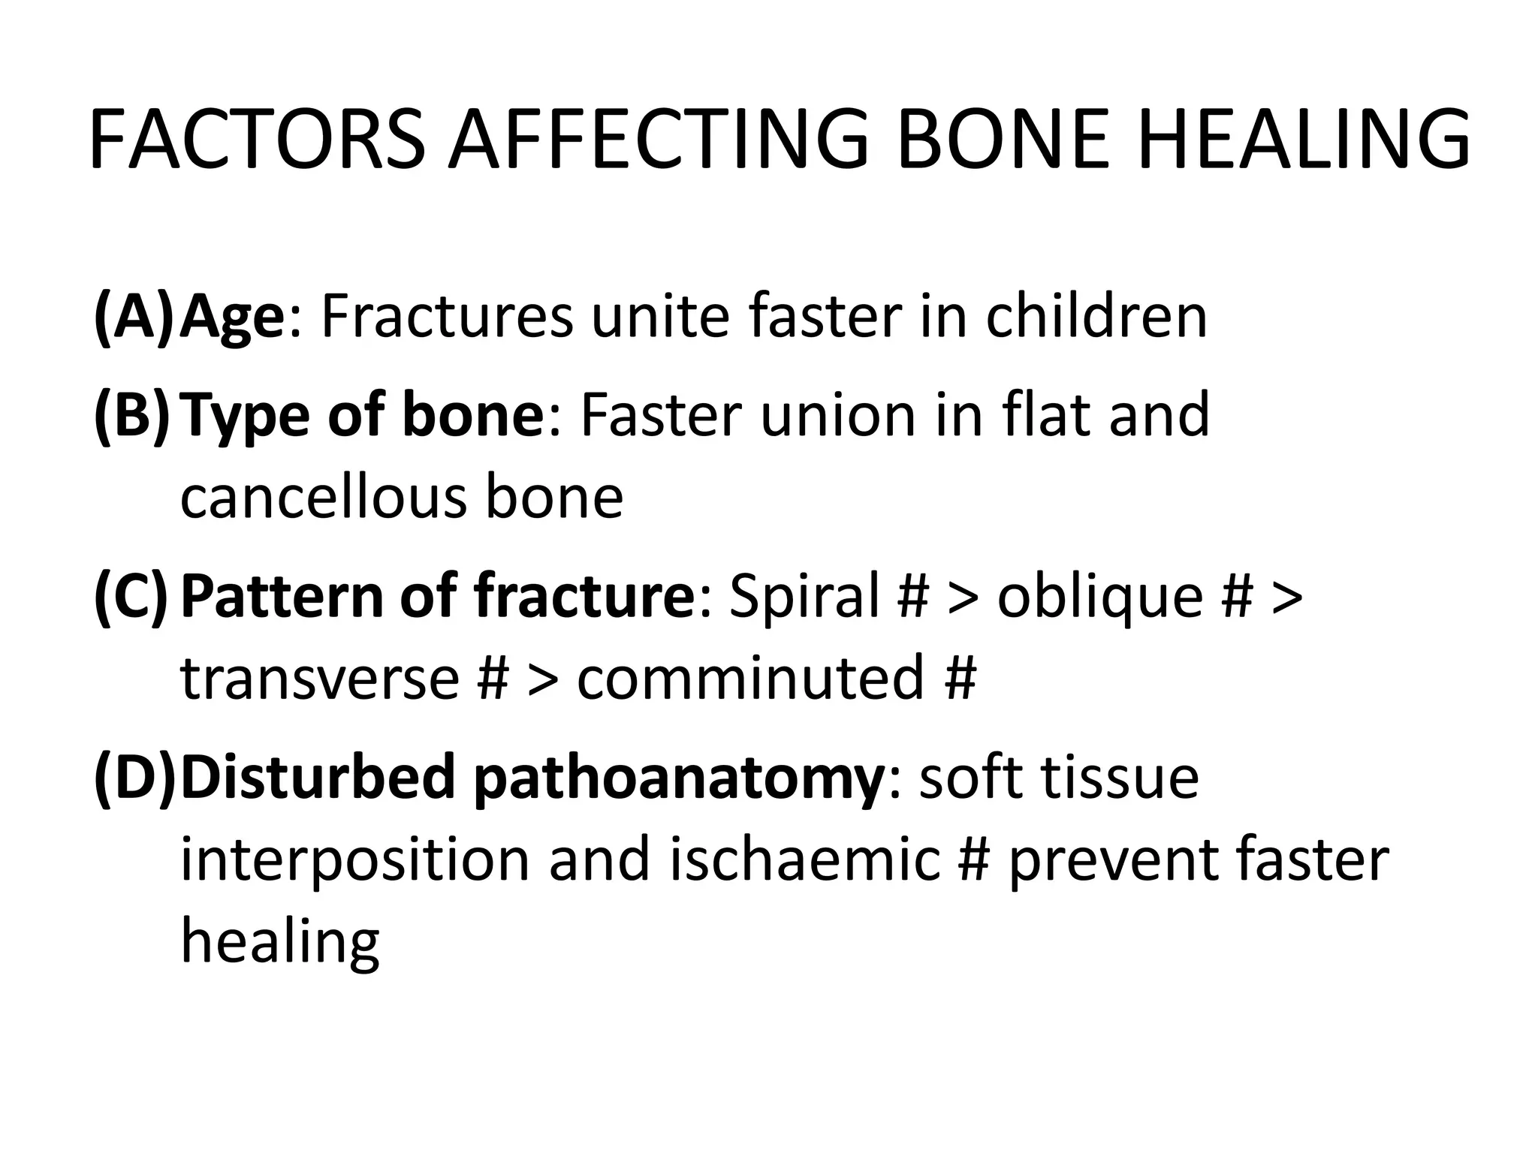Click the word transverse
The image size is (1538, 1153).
point(320,678)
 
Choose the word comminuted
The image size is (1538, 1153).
point(750,676)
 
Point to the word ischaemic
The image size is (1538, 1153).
point(804,859)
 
